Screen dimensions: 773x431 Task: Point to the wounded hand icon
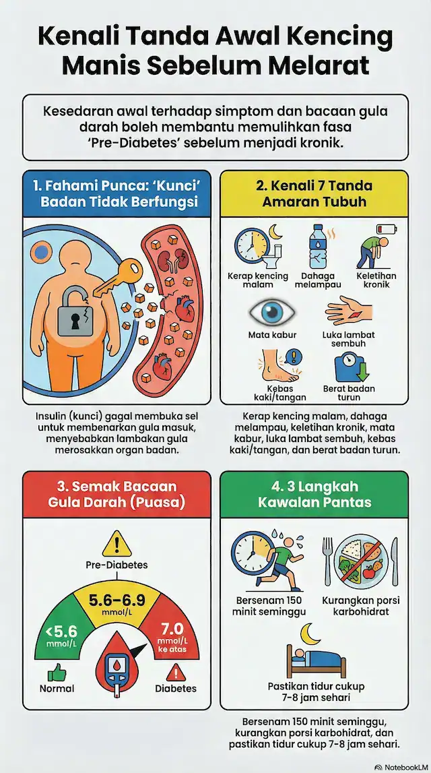[348, 313]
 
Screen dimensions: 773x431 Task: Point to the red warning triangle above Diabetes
[176, 671]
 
